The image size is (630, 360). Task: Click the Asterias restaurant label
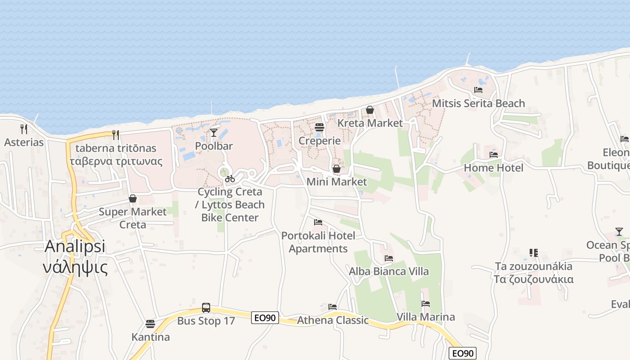[x=24, y=143]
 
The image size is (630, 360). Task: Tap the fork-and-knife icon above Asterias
[x=24, y=129]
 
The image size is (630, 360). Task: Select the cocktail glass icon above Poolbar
[x=214, y=132]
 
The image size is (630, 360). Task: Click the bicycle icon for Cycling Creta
[x=230, y=179]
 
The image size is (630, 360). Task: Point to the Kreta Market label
[x=370, y=123]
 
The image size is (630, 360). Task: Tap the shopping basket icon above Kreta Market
[x=370, y=110]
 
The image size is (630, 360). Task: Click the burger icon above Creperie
[x=319, y=127]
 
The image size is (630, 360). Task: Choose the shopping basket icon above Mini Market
[x=336, y=169]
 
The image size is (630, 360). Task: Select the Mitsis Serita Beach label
[x=478, y=103]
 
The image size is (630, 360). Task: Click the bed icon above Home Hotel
[x=494, y=155]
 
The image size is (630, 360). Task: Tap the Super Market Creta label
[x=133, y=218]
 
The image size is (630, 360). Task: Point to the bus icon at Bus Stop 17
[x=206, y=308]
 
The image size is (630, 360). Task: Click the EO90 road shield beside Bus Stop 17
[x=265, y=318]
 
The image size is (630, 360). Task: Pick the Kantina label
[x=151, y=337]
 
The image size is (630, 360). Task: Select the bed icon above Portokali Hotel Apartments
[x=318, y=222]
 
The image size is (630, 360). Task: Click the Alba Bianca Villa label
[x=389, y=271]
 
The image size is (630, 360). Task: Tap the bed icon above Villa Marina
[x=426, y=304]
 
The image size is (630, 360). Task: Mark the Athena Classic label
[x=333, y=320]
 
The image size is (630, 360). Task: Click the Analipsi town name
[x=75, y=247]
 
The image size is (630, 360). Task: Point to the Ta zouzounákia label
[x=534, y=266]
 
